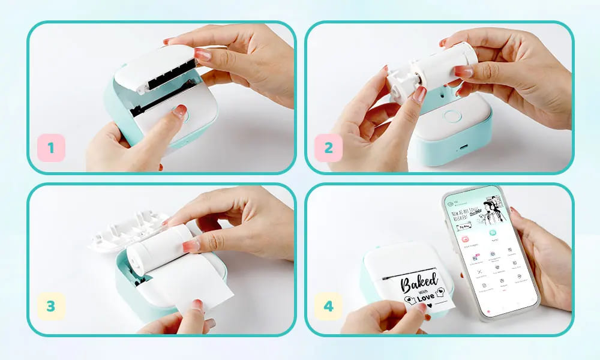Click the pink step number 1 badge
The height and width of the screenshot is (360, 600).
pyautogui.click(x=51, y=148)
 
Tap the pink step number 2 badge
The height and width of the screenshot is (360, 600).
pyautogui.click(x=328, y=148)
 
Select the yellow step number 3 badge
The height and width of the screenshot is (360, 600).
pyautogui.click(x=51, y=306)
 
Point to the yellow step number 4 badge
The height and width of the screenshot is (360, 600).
pyautogui.click(x=328, y=306)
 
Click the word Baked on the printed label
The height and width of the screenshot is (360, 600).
pyautogui.click(x=420, y=281)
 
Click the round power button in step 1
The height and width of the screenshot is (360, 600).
pyautogui.click(x=179, y=112)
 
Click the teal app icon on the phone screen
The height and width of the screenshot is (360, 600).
pyautogui.click(x=493, y=233)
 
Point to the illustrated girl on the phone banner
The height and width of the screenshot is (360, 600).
pyautogui.click(x=491, y=207)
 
